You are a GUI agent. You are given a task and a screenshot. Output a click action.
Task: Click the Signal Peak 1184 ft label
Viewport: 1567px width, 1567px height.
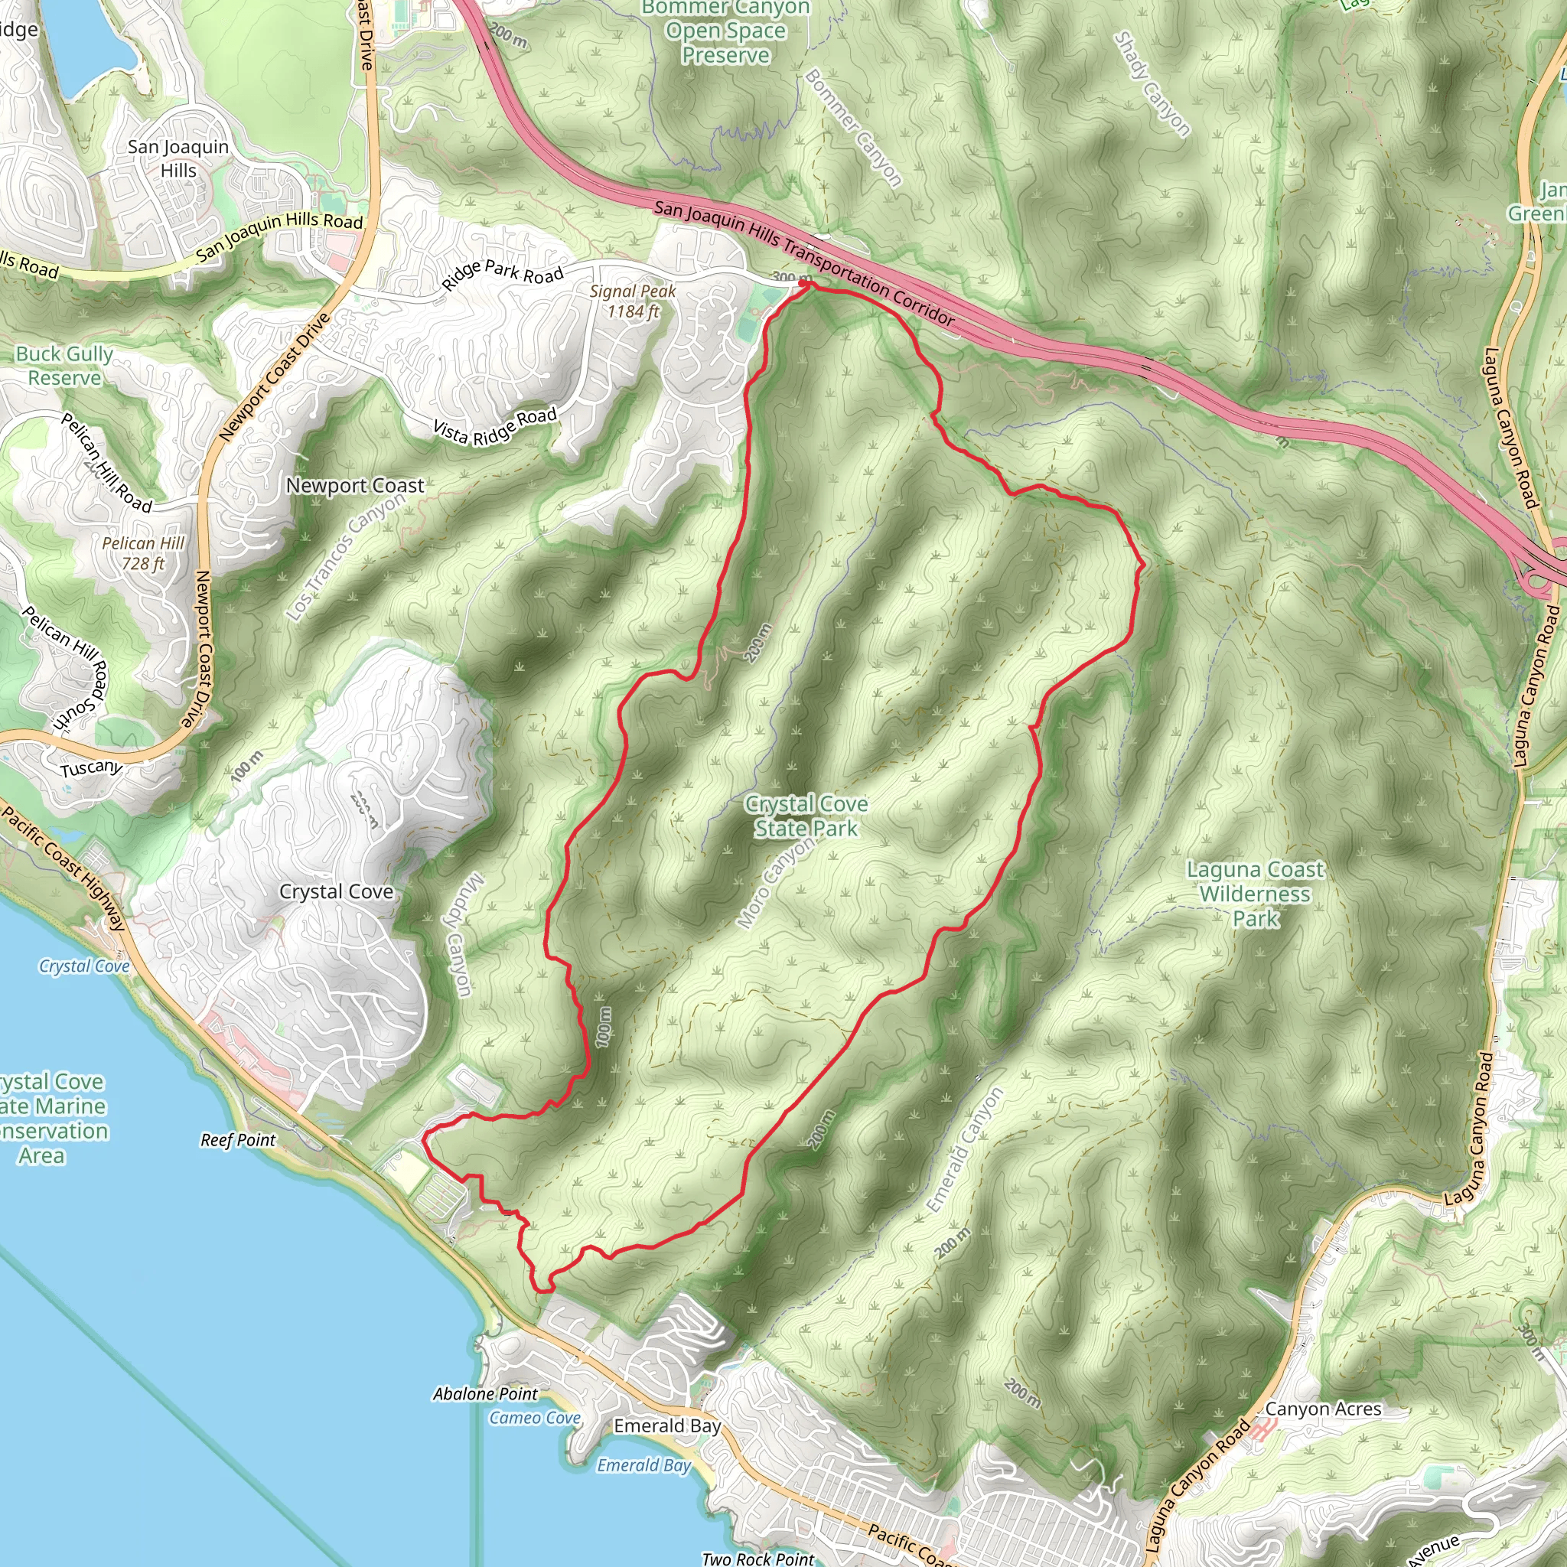point(632,301)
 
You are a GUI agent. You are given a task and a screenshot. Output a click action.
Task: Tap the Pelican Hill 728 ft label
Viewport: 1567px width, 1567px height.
point(144,553)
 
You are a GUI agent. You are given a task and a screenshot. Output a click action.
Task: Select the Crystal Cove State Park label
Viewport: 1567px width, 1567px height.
point(806,816)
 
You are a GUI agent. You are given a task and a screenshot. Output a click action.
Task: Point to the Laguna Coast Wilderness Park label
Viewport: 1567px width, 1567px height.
point(1255,894)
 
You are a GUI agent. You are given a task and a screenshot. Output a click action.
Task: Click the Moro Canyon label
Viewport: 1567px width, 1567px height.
point(775,882)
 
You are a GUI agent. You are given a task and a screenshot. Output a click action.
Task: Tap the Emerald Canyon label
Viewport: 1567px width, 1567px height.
point(964,1150)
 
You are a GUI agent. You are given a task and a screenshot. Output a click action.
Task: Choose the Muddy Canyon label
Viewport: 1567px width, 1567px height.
point(457,933)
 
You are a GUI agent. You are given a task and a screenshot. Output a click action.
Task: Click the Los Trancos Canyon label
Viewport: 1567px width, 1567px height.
point(346,556)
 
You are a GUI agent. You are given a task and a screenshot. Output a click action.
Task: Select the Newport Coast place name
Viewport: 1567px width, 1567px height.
point(354,485)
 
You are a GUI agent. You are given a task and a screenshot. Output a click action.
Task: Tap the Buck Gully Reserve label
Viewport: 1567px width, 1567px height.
point(64,366)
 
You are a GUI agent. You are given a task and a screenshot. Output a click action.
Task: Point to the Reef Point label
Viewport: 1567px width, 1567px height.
point(238,1140)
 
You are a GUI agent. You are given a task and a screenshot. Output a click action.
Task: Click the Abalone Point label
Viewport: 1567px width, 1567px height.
point(485,1393)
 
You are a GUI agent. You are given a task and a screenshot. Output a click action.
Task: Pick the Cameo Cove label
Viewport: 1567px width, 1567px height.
point(535,1418)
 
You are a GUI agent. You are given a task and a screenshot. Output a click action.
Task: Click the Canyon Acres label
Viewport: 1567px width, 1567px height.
point(1323,1409)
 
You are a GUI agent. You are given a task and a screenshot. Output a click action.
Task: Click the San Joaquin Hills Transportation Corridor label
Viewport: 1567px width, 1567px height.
point(805,262)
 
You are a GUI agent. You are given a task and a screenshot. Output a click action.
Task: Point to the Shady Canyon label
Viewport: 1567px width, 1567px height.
point(1152,84)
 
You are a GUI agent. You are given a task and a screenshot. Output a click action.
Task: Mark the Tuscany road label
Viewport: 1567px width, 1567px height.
point(92,767)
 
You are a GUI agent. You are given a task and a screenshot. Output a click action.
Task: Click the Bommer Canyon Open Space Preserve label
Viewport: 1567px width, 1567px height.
point(725,32)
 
